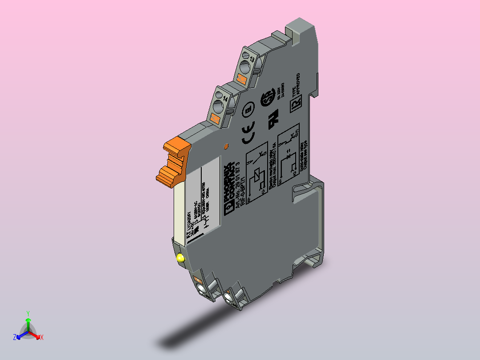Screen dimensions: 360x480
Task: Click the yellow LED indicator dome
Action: point(180,258)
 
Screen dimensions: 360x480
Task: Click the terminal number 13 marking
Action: point(252,59)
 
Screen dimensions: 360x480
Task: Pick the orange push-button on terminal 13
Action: point(241,80)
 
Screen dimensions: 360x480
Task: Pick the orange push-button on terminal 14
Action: point(215,119)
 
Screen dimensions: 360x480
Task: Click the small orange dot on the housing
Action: point(225,146)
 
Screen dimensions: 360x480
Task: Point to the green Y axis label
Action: point(28,313)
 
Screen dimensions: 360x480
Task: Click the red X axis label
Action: point(41,337)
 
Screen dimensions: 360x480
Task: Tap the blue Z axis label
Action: point(15,337)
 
